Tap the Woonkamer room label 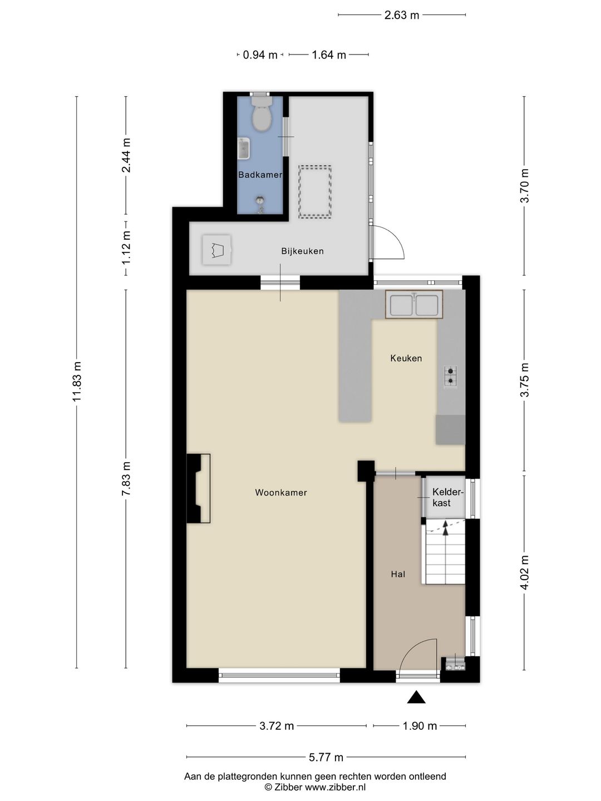(x=280, y=493)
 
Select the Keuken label (x=406, y=358)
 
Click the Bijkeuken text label (x=302, y=251)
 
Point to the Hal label (x=398, y=575)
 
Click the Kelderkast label (x=447, y=497)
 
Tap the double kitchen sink (x=414, y=305)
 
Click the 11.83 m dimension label (x=77, y=382)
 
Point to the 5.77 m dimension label (x=326, y=758)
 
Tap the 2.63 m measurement (x=401, y=16)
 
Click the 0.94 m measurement (x=260, y=55)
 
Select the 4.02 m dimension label (x=524, y=572)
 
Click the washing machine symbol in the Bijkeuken (x=217, y=250)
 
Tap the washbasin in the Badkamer (x=244, y=149)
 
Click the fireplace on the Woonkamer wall (x=198, y=488)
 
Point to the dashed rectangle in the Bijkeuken (x=314, y=192)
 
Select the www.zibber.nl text (x=335, y=787)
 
